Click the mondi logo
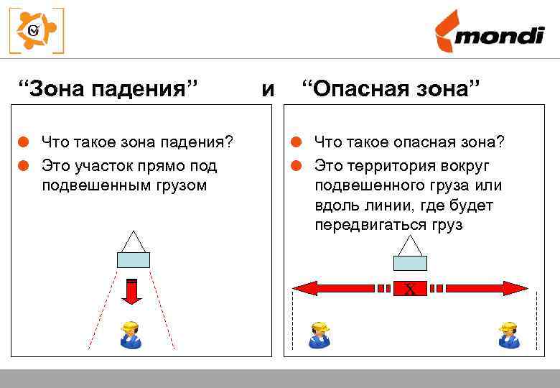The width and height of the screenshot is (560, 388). pos(488,32)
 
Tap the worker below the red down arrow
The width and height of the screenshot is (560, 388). pos(131,335)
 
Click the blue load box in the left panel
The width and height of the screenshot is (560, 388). pos(133,260)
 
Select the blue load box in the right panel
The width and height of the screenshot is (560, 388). pos(410,263)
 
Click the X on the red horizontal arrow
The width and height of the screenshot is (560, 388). pos(410,289)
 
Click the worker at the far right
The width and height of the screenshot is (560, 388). pos(509,335)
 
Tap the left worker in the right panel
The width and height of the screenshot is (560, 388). pos(319,335)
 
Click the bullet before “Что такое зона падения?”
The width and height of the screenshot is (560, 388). pos(23,142)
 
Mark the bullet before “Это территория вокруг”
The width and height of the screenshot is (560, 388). pos(294,166)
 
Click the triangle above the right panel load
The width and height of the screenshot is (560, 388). pos(410,245)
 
